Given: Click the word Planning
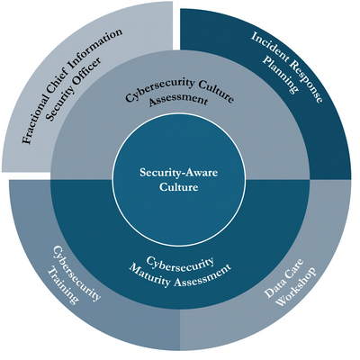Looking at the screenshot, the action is [281, 74].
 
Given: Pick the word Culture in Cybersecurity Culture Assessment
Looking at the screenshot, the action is [217, 91].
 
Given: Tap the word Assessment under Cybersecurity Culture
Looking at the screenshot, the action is [178, 99].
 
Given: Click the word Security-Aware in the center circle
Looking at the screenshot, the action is [179, 173].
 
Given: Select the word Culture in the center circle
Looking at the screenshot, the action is [179, 187].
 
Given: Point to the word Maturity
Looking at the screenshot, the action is [150, 274].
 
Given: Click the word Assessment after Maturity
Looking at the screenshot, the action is [203, 276].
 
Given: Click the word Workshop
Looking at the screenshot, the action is [296, 286].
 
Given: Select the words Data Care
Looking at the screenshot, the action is [284, 278].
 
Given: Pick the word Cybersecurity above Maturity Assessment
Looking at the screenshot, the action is [181, 264].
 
